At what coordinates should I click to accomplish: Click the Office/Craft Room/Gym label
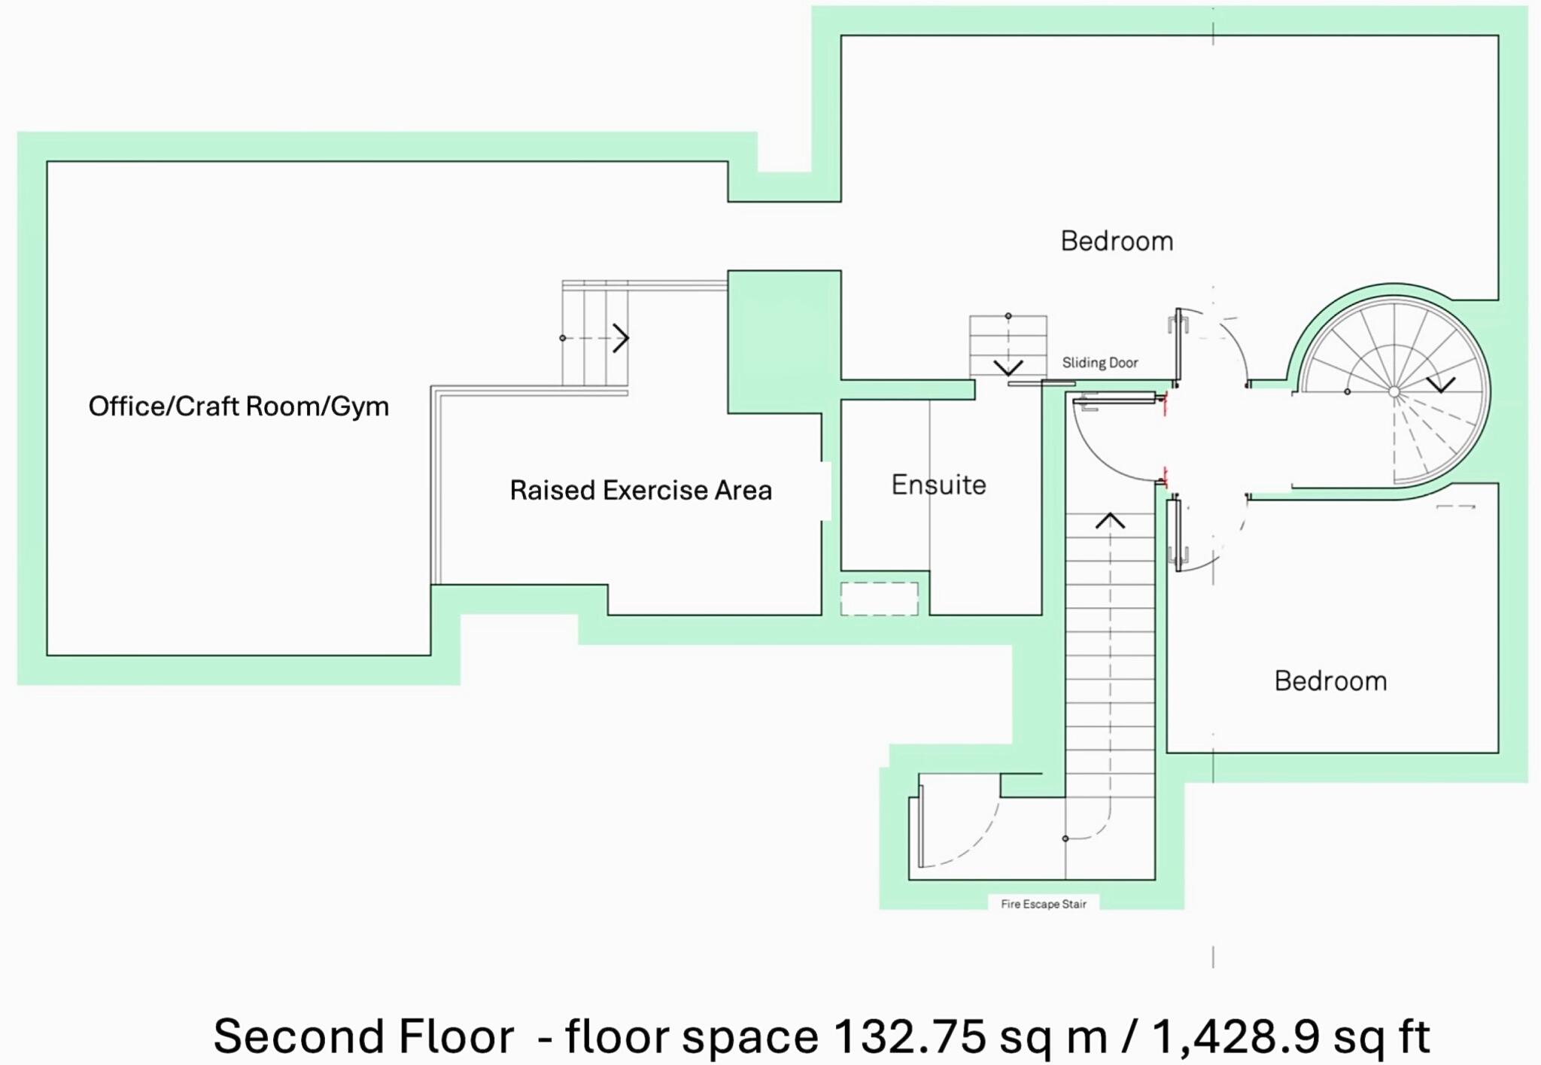(x=239, y=406)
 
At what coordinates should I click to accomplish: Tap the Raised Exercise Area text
(x=640, y=490)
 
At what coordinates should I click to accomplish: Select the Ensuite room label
(x=938, y=485)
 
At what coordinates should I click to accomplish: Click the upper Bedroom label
(x=1117, y=241)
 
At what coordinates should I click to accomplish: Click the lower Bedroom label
(x=1330, y=680)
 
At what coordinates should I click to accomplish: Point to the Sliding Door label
(x=1099, y=363)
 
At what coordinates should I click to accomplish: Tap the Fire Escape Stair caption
(x=1043, y=904)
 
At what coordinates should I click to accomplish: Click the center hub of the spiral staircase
(x=1394, y=392)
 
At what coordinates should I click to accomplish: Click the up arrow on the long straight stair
(x=1110, y=521)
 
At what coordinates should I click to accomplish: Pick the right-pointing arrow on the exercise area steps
(x=621, y=338)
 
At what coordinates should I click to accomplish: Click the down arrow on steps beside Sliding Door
(x=1008, y=367)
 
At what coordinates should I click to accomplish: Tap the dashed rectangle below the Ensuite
(x=879, y=599)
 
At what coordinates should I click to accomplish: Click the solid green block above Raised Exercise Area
(x=783, y=341)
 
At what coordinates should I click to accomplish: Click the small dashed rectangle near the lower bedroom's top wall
(x=1455, y=507)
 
